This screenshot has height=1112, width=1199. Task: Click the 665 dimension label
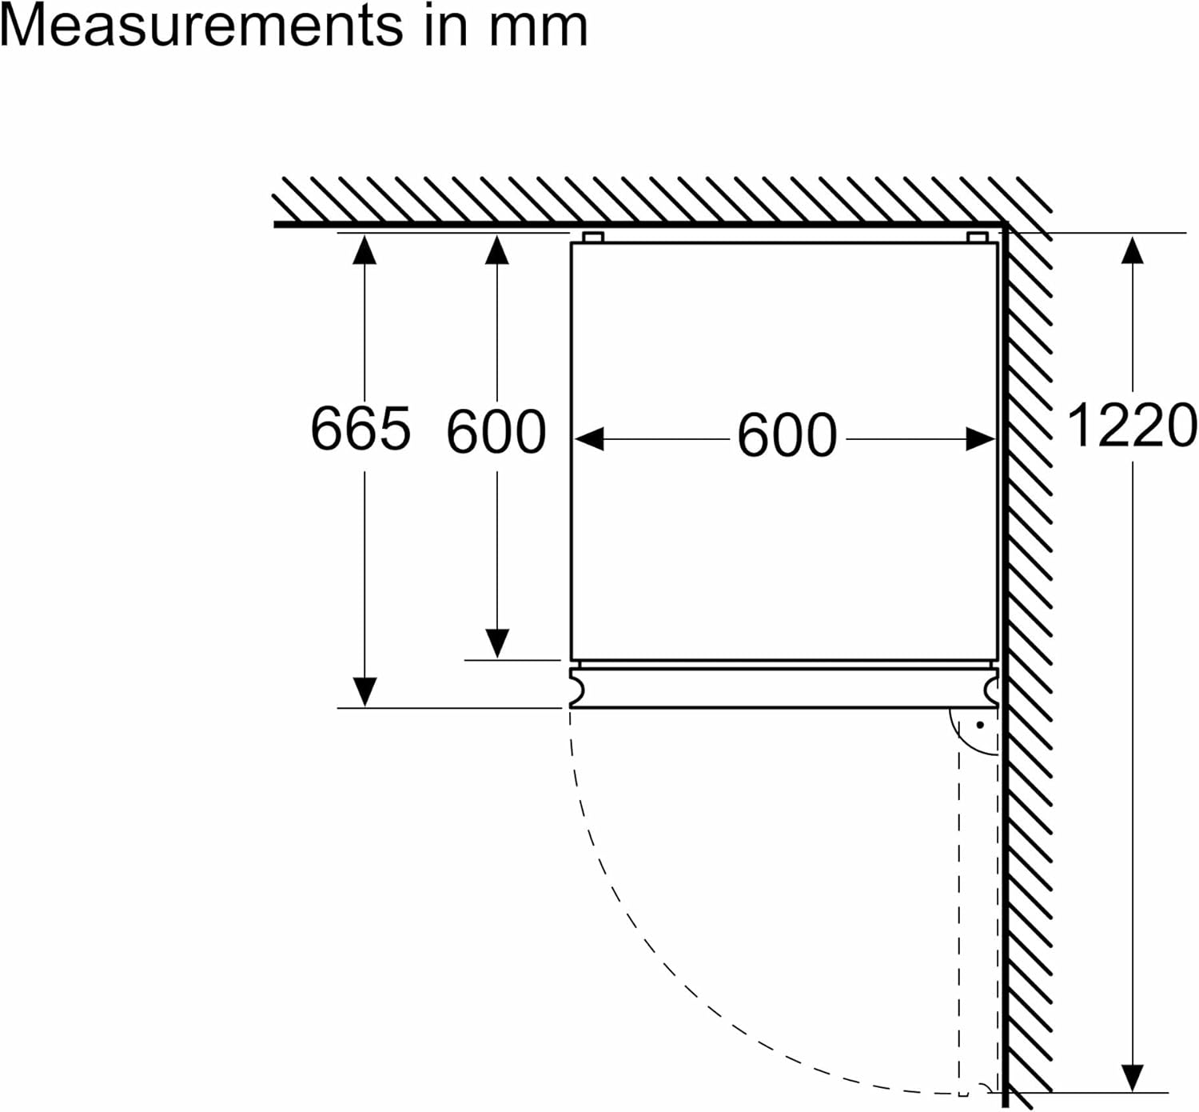point(360,428)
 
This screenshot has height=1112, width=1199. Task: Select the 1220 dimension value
point(1132,426)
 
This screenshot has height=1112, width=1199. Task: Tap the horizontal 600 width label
point(787,436)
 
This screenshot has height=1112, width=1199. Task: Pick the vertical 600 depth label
point(496,432)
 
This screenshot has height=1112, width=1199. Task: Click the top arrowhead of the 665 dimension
point(364,250)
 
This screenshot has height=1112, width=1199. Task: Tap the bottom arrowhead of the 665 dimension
point(364,691)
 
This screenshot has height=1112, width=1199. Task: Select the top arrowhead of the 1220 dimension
point(1132,250)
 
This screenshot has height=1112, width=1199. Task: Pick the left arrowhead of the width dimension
point(588,439)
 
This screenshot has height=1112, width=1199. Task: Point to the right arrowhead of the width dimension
point(981,439)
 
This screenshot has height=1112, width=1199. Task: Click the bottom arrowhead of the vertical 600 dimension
point(497,643)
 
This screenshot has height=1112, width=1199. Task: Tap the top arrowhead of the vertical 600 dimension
point(497,250)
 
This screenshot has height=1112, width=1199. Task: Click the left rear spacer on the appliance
point(592,238)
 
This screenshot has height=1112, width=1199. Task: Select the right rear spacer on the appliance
point(977,238)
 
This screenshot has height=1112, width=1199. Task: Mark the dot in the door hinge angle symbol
point(980,726)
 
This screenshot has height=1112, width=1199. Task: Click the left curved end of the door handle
point(576,686)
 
